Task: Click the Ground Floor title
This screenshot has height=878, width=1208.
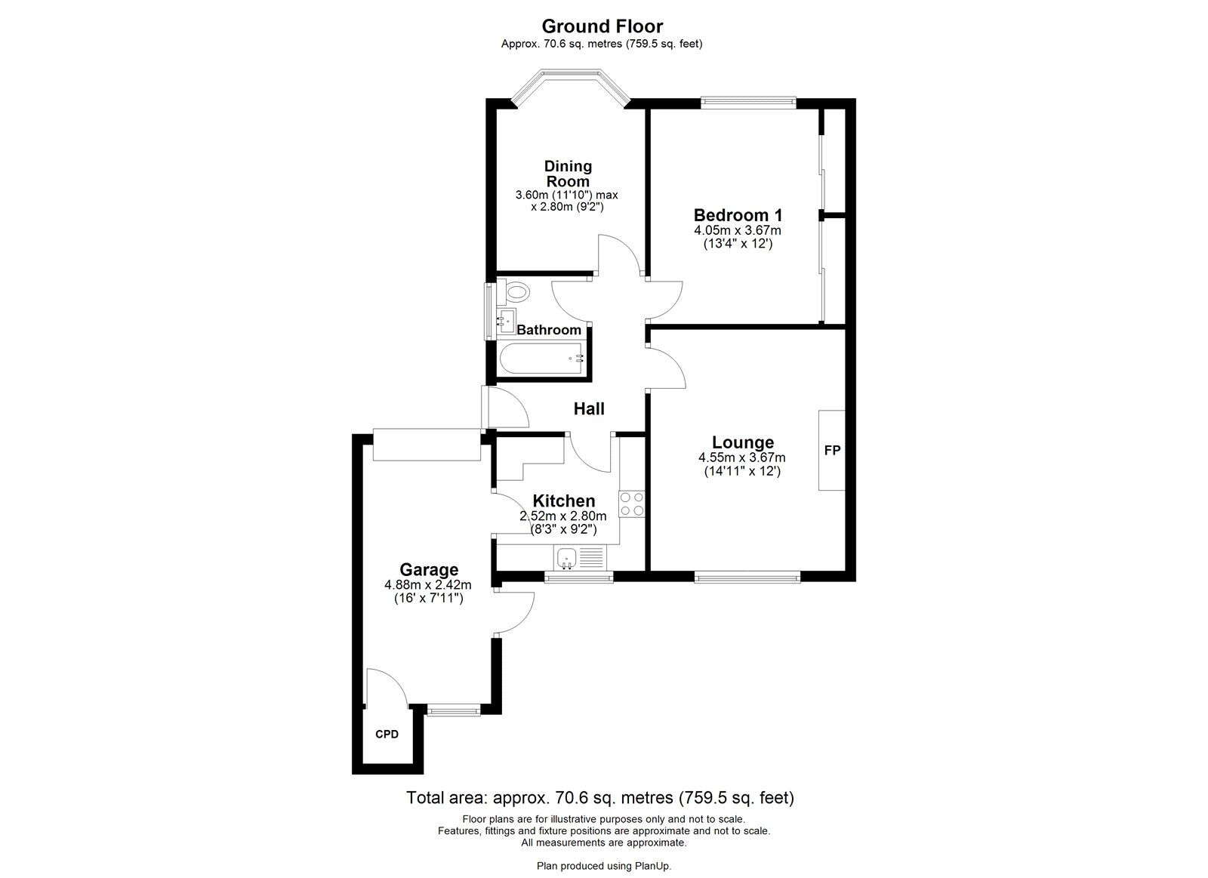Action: pos(602,27)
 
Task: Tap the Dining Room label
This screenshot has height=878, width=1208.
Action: pos(568,174)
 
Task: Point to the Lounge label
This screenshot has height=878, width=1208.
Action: pos(743,442)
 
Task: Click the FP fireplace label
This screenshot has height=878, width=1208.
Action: pos(832,451)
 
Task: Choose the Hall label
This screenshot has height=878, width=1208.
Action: pos(589,409)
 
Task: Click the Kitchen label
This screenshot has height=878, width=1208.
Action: pos(563,501)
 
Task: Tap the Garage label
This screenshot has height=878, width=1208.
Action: pos(429,569)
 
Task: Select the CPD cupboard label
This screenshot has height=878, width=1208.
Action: pos(387,734)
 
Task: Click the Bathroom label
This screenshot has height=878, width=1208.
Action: pos(549,330)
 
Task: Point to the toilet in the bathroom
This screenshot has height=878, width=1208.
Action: pos(516,291)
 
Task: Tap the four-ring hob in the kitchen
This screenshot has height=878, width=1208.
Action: pos(631,504)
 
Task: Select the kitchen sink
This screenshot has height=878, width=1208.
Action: pos(566,559)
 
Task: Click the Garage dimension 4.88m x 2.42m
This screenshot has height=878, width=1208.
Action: pos(428,584)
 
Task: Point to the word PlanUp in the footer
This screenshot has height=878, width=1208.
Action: pos(652,866)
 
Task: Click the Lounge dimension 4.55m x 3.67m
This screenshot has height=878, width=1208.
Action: pos(742,457)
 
